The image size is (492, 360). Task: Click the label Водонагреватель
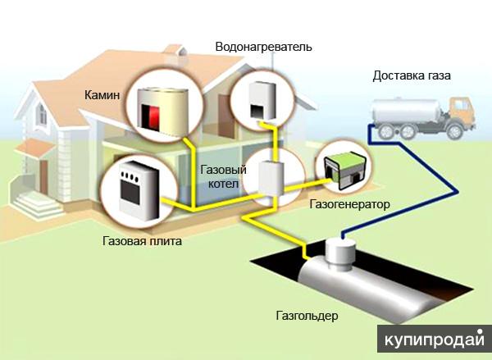(x=262, y=47)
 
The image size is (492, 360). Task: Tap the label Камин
(x=102, y=96)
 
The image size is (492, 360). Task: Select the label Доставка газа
(x=411, y=76)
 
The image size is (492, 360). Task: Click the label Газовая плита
(x=142, y=242)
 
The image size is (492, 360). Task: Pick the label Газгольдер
(x=308, y=316)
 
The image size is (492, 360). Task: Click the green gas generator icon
(x=344, y=164)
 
